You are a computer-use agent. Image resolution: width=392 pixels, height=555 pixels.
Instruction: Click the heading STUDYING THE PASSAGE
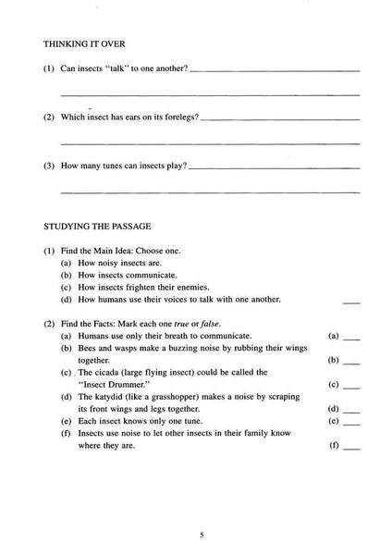point(95,225)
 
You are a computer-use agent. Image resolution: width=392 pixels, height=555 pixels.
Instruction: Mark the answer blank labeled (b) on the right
point(351,360)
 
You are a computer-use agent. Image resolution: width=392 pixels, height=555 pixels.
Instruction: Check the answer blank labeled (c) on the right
point(351,384)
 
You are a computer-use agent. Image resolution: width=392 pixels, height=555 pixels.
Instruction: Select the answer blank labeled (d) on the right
point(351,408)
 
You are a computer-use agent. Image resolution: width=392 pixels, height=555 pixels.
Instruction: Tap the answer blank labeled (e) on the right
point(351,421)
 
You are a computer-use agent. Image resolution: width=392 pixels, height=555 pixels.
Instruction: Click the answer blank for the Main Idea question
point(351,301)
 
